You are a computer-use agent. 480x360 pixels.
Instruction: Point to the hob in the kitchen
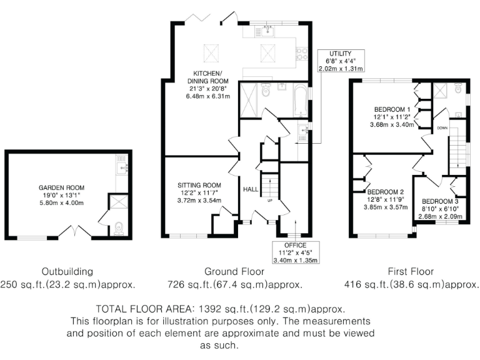[301, 54]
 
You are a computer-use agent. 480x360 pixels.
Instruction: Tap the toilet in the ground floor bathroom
[266, 92]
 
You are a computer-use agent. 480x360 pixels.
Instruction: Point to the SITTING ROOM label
[199, 185]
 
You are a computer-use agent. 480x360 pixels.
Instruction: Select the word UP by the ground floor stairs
[269, 201]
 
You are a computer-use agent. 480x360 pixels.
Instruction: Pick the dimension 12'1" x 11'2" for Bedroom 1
[391, 116]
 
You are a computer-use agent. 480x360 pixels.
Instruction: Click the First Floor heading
[409, 272]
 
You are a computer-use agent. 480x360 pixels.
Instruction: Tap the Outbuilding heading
[67, 272]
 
